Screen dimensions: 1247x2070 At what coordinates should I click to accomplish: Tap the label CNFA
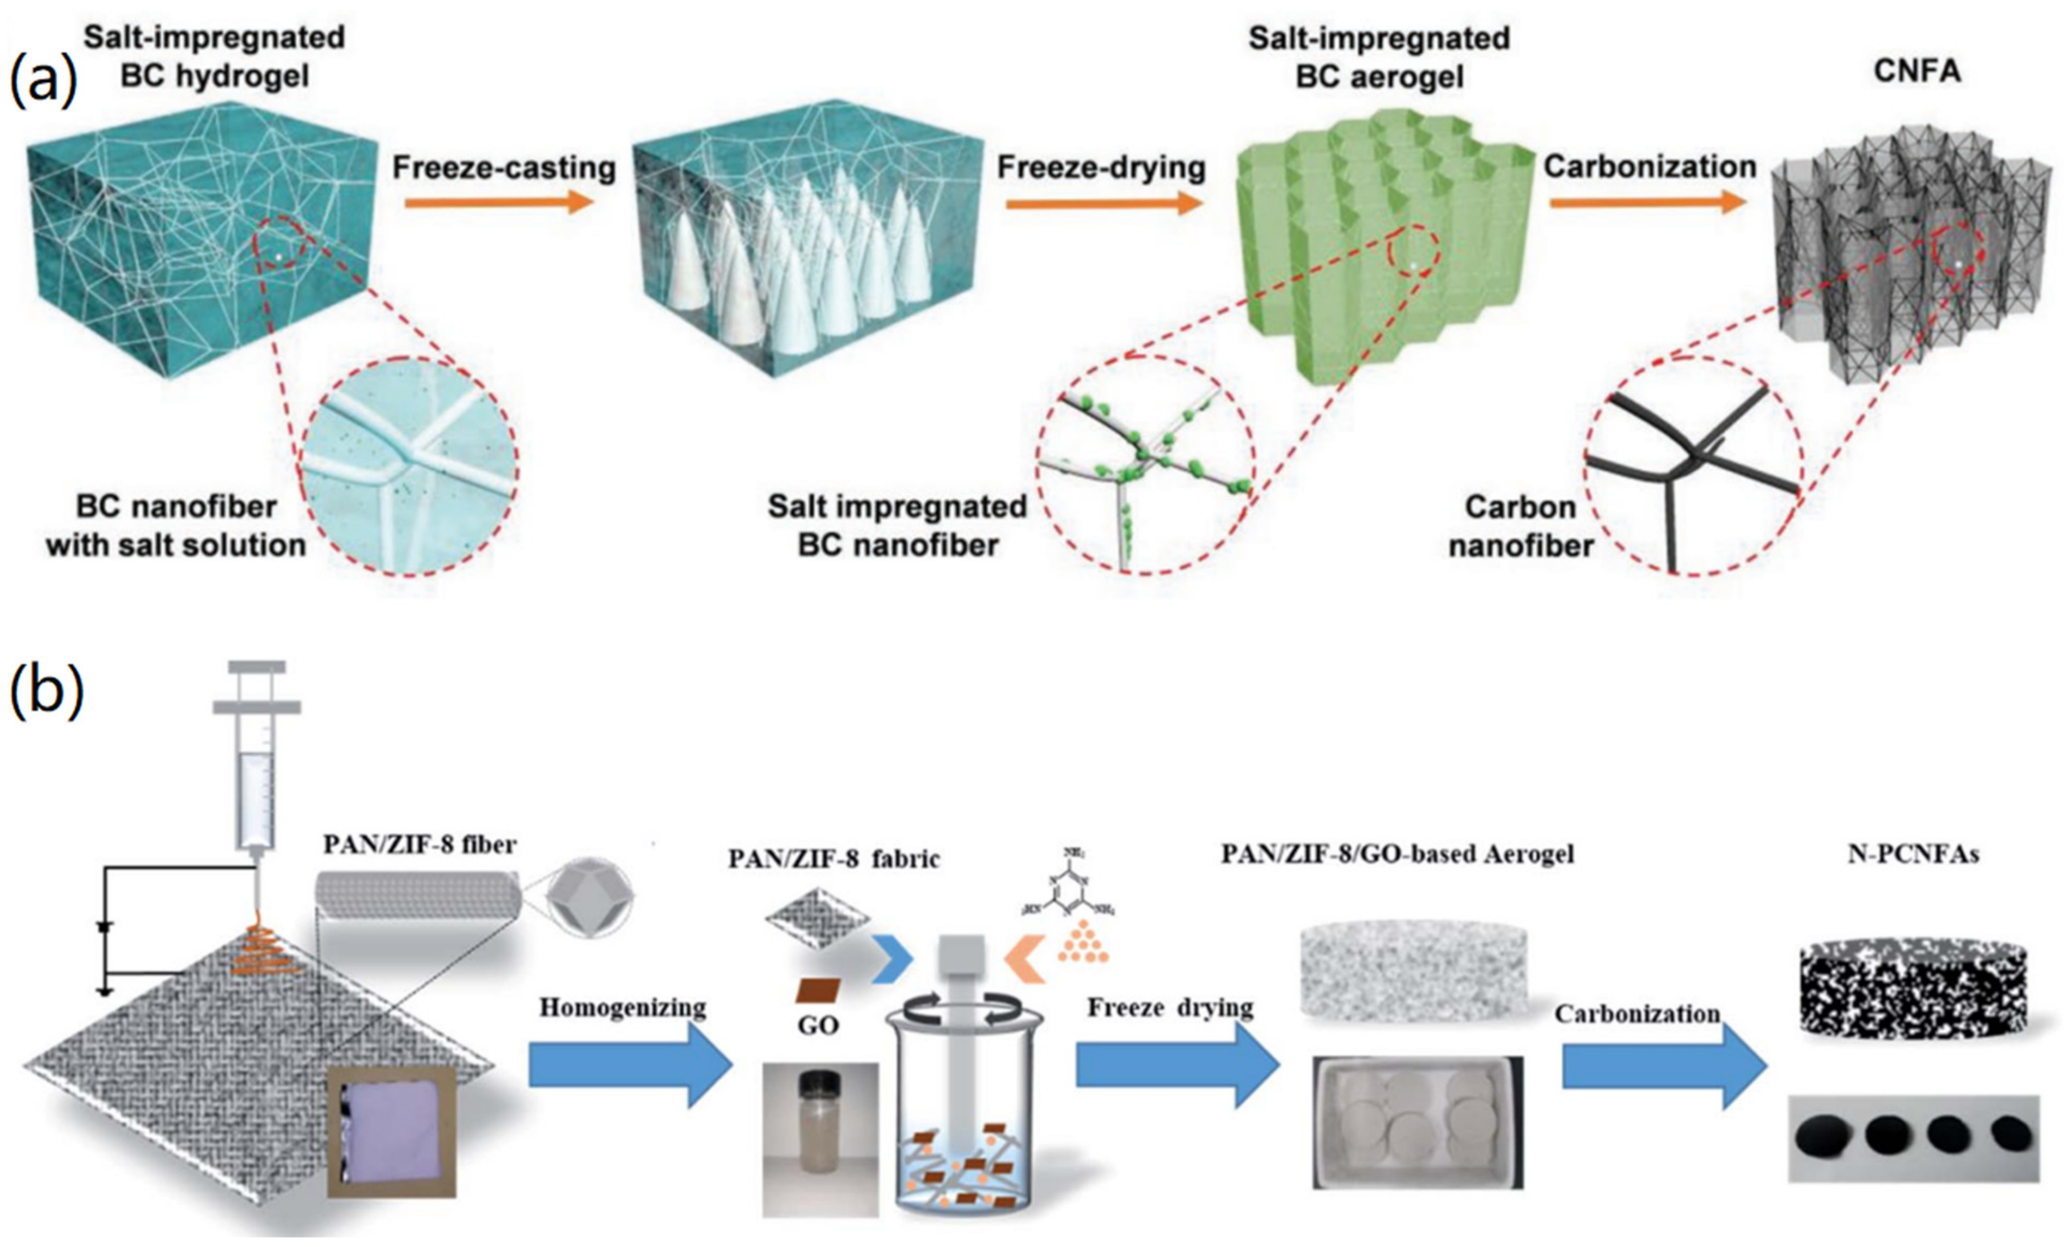pyautogui.click(x=1917, y=72)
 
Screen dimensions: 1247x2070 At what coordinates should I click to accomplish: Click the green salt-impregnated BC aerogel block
pyautogui.click(x=1378, y=252)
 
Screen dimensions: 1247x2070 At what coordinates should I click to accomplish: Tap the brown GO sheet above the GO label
pyautogui.click(x=818, y=990)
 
